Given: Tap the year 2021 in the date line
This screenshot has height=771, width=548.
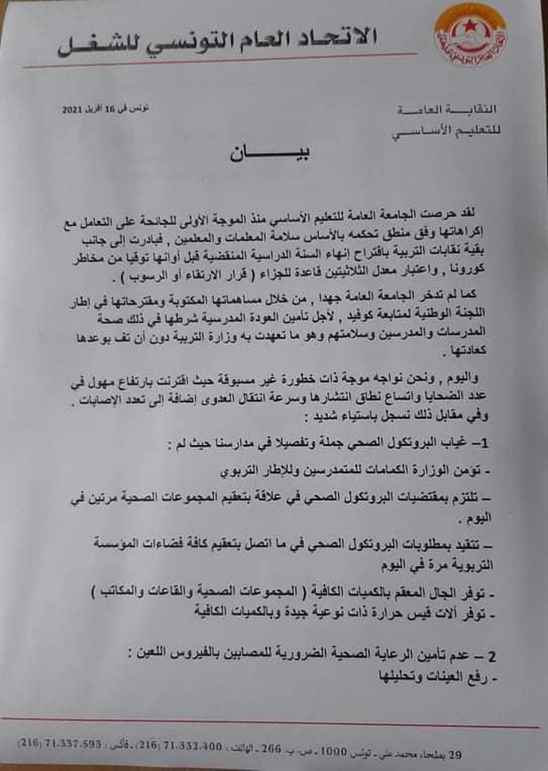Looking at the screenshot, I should pyautogui.click(x=71, y=110).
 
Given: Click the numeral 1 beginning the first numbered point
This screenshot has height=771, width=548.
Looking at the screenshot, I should pyautogui.click(x=483, y=443).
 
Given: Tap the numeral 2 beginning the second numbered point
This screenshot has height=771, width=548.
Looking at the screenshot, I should pyautogui.click(x=493, y=656).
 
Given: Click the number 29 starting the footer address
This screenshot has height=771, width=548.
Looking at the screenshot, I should pyautogui.click(x=454, y=755).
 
